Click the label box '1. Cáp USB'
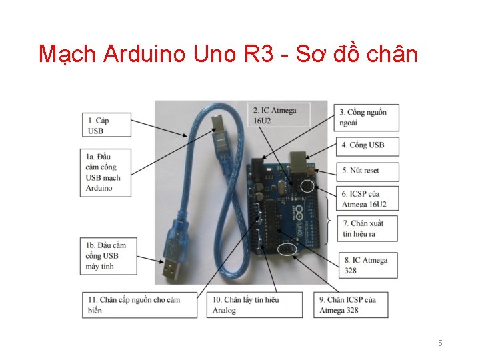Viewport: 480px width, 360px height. point(107,125)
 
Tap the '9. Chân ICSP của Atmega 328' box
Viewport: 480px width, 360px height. point(351,305)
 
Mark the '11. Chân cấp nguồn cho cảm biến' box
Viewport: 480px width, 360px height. point(140,305)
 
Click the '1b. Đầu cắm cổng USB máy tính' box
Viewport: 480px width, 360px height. point(110,256)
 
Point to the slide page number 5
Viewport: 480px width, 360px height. point(440,343)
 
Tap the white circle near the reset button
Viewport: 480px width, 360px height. point(307,185)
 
